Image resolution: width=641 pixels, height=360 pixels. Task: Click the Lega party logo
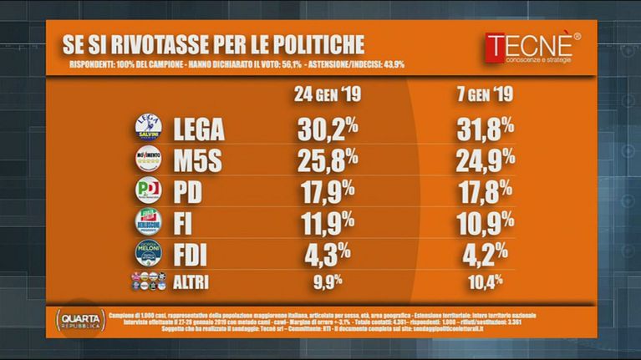[x=147, y=129]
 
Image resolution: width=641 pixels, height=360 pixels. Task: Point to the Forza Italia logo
[x=147, y=221]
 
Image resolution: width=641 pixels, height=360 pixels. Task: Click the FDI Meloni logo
[x=147, y=252]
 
